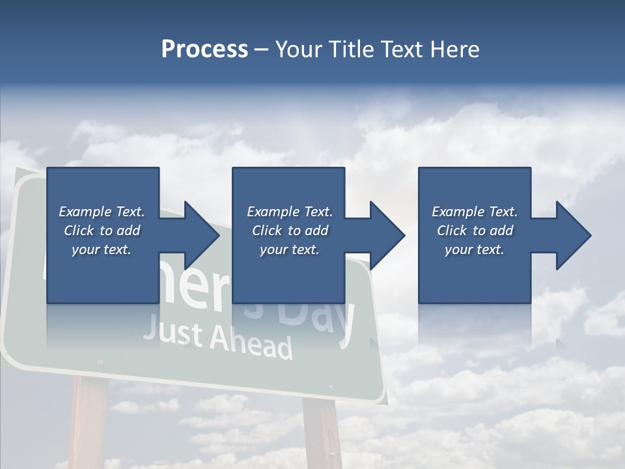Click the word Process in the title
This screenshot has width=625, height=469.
point(204,50)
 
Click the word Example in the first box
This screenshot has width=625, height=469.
point(85,212)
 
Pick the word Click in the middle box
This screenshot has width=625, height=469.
point(266,231)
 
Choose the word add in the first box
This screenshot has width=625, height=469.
point(128,231)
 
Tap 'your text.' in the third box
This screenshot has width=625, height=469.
point(475,249)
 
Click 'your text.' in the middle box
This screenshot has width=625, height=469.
point(289,249)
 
